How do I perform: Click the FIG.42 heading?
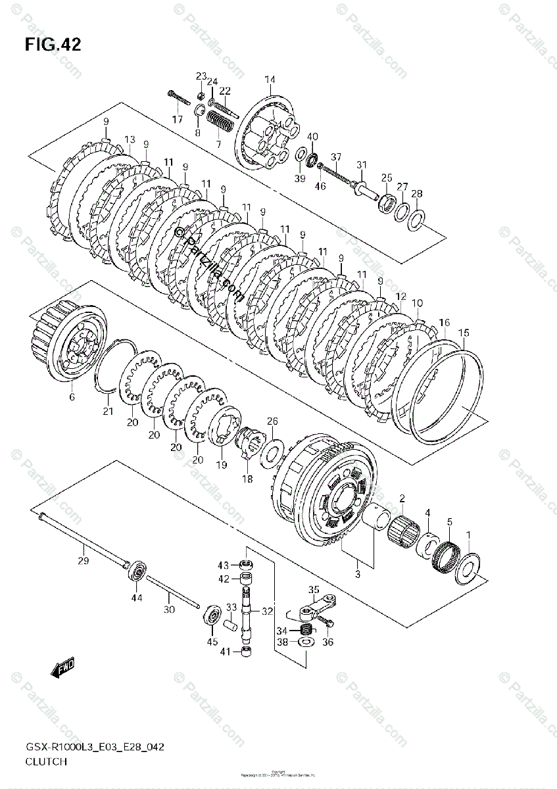pos(53,45)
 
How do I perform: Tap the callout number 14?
pos(270,80)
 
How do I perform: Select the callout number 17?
pos(178,119)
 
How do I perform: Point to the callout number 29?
pos(83,561)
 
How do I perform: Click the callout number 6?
pos(72,396)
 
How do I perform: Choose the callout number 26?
pos(272,421)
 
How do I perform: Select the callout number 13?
pos(129,139)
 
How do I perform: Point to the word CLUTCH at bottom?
pos(46,761)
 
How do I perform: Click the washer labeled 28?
pos(415,221)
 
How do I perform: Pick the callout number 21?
pos(108,412)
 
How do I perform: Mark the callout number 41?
pos(225,652)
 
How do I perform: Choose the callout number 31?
pos(361,164)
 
